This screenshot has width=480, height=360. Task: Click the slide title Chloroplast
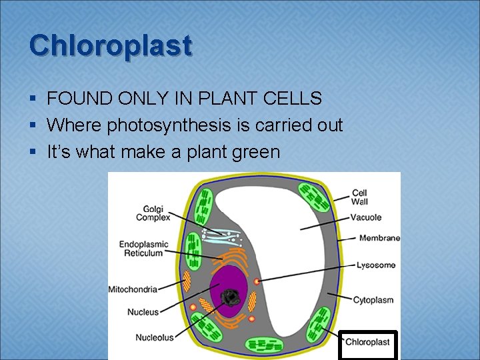tap(111, 45)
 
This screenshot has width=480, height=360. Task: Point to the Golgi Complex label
tap(153, 213)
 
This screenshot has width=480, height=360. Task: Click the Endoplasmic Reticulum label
tap(143, 249)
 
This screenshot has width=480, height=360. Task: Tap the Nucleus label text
tap(143, 312)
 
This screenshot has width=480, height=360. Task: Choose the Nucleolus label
tap(154, 337)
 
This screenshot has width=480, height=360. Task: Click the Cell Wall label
tap(359, 197)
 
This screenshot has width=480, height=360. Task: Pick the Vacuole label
tap(367, 217)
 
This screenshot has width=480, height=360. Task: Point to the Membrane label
tap(379, 238)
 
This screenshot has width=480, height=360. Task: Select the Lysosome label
tap(375, 265)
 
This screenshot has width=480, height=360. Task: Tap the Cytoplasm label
tap(373, 300)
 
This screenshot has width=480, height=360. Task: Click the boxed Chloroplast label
tap(367, 343)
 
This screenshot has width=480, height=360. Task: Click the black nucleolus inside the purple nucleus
tap(233, 297)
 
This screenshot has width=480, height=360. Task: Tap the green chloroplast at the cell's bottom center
tap(265, 345)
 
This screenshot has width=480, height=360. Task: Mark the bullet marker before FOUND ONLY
tap(33, 99)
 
